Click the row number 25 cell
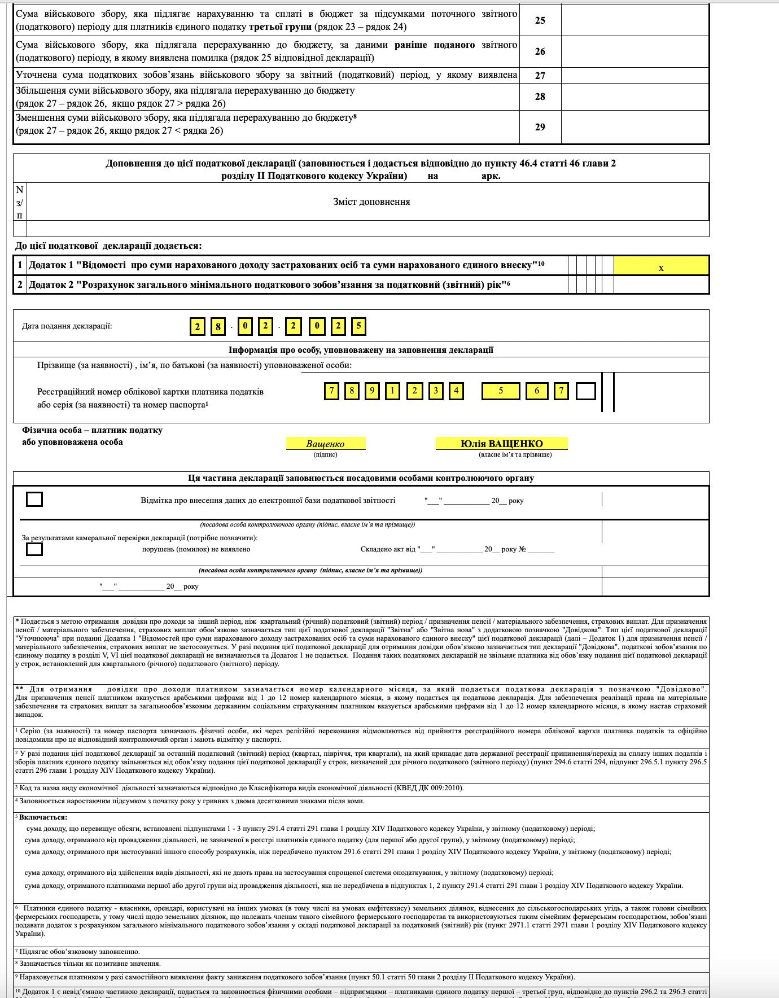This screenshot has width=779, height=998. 540,20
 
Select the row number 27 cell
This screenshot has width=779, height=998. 540,76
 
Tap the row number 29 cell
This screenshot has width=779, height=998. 540,127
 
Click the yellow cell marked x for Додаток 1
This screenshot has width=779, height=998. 661,266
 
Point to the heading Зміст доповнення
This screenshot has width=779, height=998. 371,202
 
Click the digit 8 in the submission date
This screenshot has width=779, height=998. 218,326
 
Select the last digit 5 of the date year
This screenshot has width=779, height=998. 358,326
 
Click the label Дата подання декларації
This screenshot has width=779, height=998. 67,326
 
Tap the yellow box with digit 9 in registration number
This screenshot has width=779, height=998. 372,391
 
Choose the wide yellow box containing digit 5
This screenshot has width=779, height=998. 501,391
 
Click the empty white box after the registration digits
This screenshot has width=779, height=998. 586,391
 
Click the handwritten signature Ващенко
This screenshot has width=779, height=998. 326,444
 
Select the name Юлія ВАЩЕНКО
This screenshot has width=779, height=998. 501,444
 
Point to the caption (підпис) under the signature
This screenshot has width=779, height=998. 326,454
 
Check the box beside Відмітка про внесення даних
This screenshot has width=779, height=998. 34,499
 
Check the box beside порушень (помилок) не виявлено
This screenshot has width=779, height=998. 34,549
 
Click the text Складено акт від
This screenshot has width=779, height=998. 388,549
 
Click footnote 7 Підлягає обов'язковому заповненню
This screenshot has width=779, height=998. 80,952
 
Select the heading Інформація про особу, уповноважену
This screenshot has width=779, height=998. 361,350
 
